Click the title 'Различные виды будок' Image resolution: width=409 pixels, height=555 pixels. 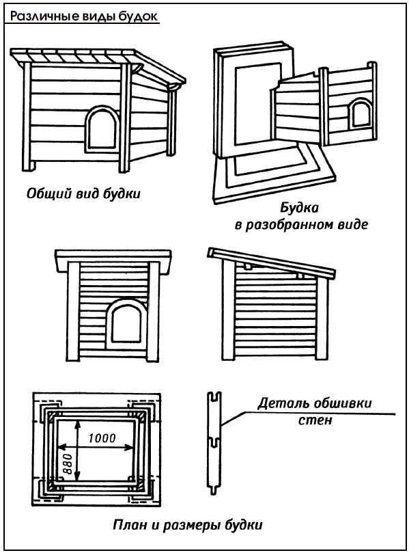84,16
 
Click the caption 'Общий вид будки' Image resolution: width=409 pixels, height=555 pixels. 83,193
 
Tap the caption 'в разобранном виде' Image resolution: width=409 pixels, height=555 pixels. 301,224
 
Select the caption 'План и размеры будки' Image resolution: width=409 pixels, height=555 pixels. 188,524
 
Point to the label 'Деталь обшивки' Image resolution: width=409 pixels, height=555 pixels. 315,403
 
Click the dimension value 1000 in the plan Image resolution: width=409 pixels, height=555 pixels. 102,438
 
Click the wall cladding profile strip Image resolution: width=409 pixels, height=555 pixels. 214,442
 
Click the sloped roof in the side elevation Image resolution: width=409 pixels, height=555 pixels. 272,263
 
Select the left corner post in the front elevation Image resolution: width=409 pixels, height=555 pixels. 73,312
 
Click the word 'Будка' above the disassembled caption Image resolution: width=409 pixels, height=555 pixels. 300,207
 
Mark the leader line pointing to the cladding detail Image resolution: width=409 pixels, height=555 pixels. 307,414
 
